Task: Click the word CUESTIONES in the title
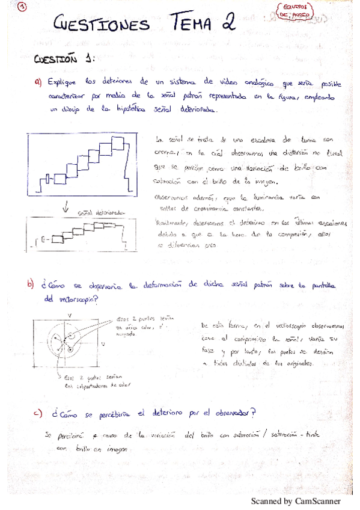coord(101,25)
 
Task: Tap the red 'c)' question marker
coord(38,413)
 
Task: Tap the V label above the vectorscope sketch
coord(70,315)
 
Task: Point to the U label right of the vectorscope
coord(105,343)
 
